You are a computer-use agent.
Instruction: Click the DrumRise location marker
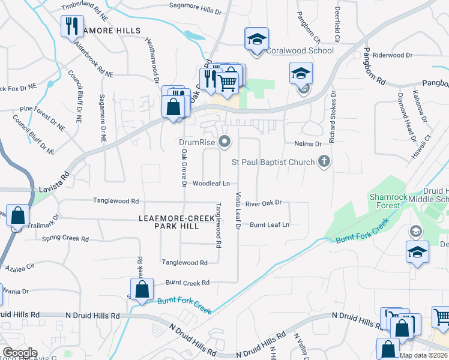[x=225, y=142]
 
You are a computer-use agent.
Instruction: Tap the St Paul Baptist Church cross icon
[x=324, y=161]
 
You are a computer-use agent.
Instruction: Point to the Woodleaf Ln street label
[x=211, y=184]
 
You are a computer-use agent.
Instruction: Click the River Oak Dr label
[x=264, y=203]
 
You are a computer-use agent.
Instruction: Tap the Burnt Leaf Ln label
[x=270, y=224]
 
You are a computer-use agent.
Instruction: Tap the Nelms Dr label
[x=309, y=143]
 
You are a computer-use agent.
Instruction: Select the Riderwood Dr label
[x=393, y=55]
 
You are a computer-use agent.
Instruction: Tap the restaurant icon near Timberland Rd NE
[x=70, y=26]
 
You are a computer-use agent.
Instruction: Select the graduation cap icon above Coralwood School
[x=256, y=40]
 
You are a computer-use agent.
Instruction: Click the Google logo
[x=20, y=353]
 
